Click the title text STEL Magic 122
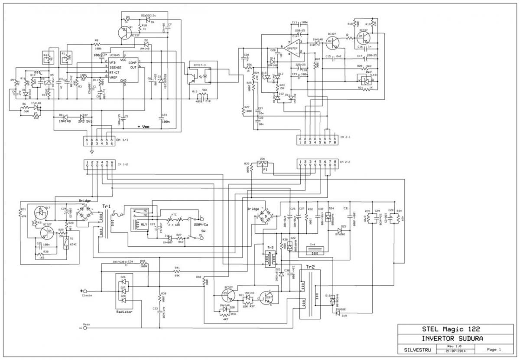click(448, 329)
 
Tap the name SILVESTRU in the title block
click(413, 349)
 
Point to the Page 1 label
click(494, 349)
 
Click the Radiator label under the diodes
click(124, 311)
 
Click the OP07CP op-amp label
click(293, 49)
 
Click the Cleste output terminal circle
click(85, 291)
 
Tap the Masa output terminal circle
click(85, 328)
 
